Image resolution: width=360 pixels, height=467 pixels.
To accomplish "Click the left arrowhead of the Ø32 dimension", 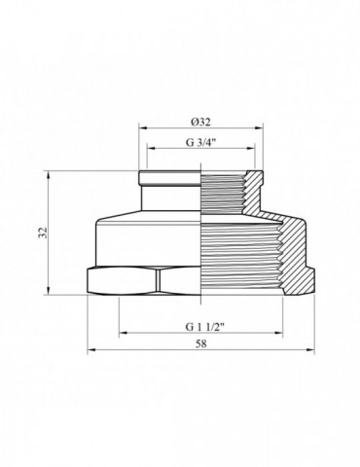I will pos(143,128).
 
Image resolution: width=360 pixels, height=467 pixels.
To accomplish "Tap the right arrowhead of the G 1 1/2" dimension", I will pos(283,331).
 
